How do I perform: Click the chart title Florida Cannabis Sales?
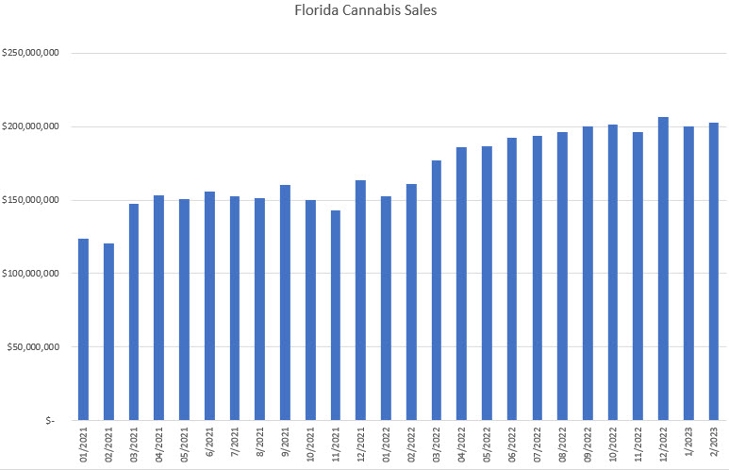pyautogui.click(x=364, y=12)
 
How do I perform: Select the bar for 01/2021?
pyautogui.click(x=83, y=329)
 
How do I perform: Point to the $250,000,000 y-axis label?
pyautogui.click(x=31, y=53)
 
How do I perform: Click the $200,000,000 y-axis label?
pyautogui.click(x=31, y=126)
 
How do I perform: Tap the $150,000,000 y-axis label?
pyautogui.click(x=31, y=200)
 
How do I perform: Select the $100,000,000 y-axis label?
pyautogui.click(x=31, y=274)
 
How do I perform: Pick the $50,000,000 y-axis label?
pyautogui.click(x=34, y=346)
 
